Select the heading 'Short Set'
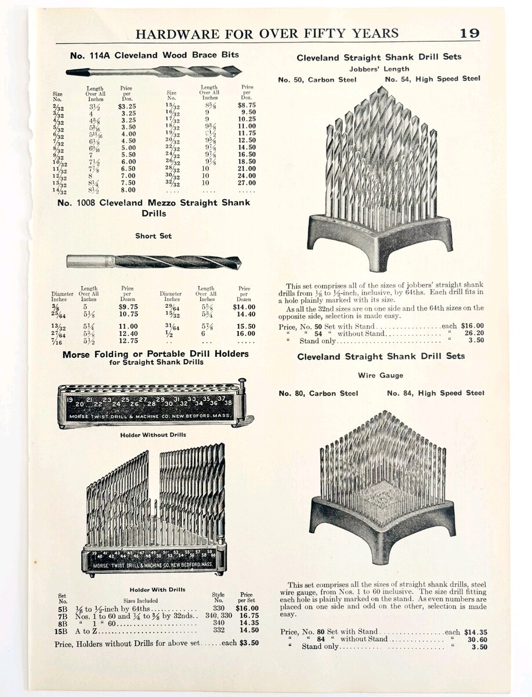(153, 236)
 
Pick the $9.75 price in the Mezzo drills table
(127, 306)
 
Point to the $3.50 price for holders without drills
(247, 644)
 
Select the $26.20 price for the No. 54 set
(472, 334)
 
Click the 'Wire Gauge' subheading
(380, 376)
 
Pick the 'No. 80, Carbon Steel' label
(318, 393)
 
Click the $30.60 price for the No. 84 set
(475, 639)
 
